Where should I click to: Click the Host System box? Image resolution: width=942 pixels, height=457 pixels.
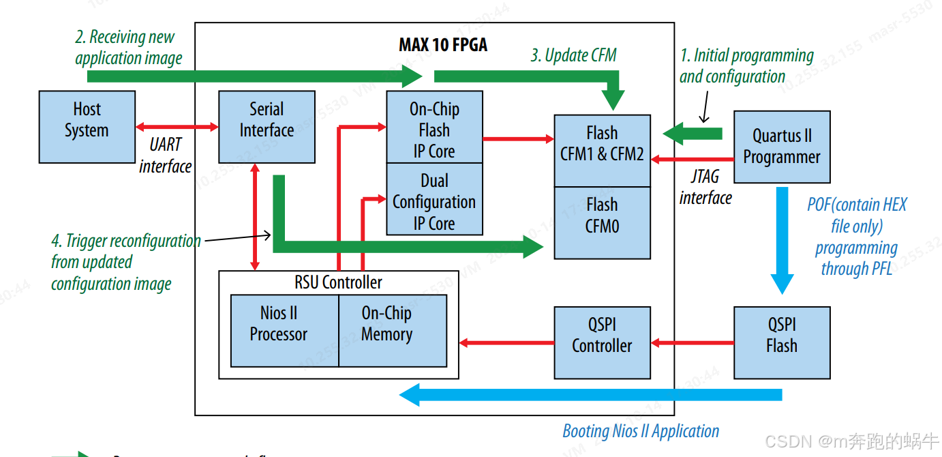87,127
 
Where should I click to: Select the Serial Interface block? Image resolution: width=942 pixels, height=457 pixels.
267,127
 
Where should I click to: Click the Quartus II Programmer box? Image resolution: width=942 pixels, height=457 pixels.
781,147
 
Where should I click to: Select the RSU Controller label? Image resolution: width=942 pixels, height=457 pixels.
338,282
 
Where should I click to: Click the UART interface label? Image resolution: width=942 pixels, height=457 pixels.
166,156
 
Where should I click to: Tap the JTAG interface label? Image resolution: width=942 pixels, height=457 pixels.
705,188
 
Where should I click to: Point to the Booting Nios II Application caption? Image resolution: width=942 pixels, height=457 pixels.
640,431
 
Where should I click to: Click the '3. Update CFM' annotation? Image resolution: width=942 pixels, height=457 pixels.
573,56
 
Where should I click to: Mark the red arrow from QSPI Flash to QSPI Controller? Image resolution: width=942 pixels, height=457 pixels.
692,342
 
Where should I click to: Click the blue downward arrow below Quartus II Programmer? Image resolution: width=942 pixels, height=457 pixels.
782,239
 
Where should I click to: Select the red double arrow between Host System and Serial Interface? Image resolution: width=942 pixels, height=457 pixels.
177,127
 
